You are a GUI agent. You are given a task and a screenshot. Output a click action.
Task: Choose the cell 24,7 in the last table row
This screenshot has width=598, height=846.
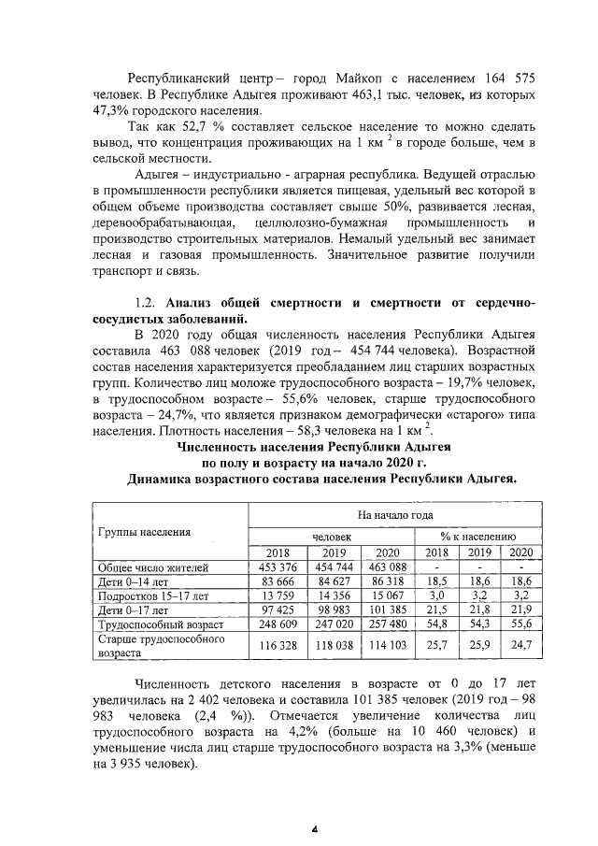[519, 645]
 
